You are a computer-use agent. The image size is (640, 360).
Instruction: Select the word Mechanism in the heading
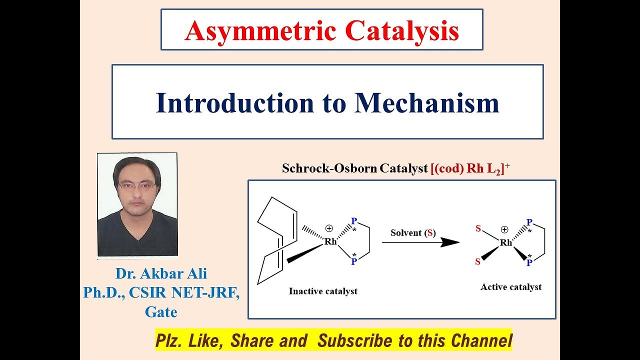coord(427,102)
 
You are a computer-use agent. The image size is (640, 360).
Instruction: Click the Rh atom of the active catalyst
coord(506,242)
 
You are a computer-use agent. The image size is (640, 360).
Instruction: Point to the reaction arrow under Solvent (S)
coord(420,242)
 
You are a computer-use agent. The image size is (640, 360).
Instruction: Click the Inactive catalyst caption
coord(323,291)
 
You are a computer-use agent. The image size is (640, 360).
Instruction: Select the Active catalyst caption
coord(511,287)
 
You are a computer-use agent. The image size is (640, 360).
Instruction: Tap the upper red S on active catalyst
coord(478,228)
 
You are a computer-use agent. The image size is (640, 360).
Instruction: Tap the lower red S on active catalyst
coord(478,261)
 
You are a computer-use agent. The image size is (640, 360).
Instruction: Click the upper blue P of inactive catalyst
coord(354,221)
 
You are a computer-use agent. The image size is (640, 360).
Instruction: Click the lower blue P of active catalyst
coord(528,262)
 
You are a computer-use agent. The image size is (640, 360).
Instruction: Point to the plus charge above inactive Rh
coord(329,228)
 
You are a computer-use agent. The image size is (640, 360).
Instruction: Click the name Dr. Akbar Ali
coord(161,274)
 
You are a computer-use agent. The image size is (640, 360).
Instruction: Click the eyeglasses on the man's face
coord(137,185)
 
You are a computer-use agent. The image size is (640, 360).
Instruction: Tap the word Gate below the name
coord(161,312)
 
